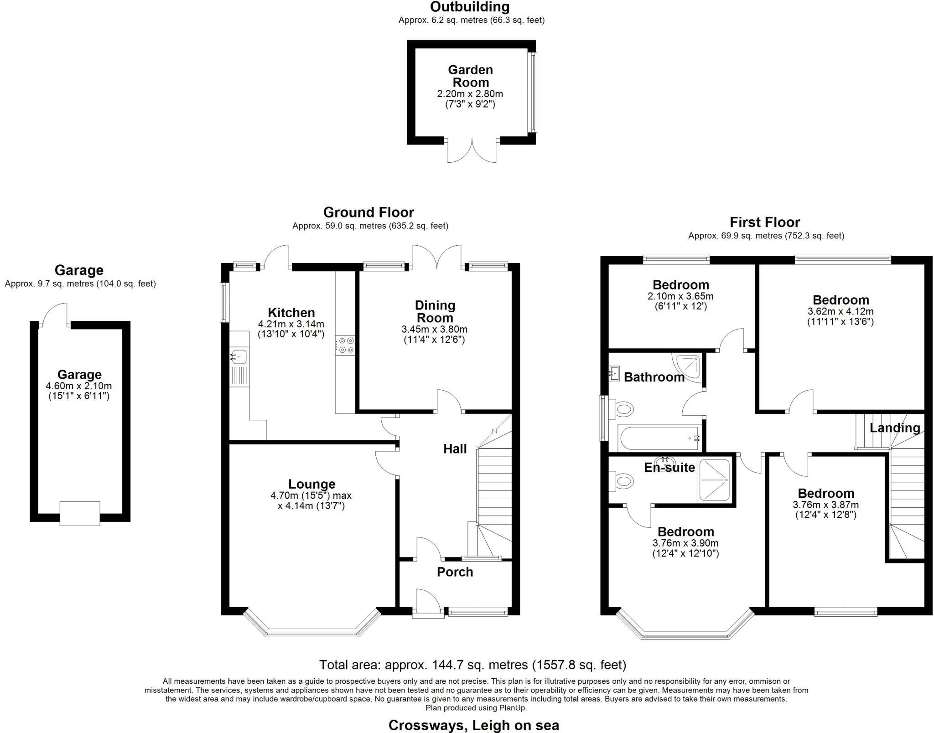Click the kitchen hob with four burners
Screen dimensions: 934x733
click(345, 345)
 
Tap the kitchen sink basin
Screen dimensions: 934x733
click(239, 356)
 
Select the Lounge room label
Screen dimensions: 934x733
click(311, 484)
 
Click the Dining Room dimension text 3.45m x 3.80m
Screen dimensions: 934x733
click(434, 329)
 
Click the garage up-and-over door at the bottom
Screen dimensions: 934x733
click(80, 514)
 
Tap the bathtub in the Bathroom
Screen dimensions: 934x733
click(659, 438)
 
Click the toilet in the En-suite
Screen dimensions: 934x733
click(621, 480)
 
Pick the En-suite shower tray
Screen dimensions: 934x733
click(715, 481)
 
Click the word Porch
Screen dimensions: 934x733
click(455, 572)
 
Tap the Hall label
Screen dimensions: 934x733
click(455, 449)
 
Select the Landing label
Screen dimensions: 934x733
click(895, 428)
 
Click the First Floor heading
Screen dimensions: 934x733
click(765, 222)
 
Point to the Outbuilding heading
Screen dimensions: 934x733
click(470, 7)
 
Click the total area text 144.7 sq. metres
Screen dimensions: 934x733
click(457, 665)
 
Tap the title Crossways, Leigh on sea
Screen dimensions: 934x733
click(474, 725)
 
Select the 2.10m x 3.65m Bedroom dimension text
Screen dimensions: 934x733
click(680, 296)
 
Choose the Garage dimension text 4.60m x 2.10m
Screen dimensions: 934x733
click(79, 386)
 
